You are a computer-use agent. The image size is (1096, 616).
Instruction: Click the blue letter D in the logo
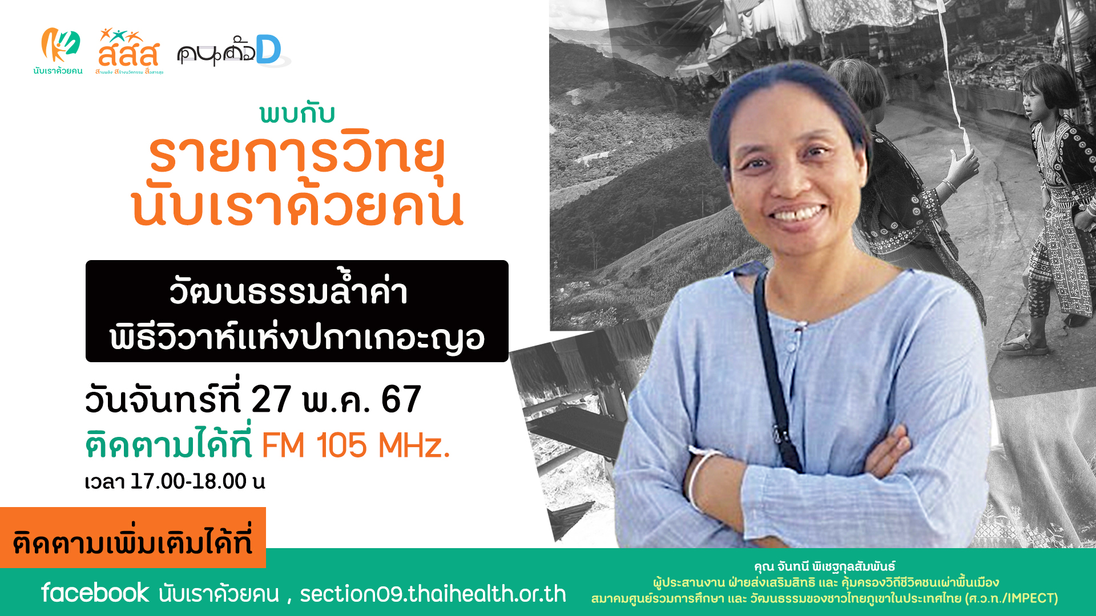click(268, 50)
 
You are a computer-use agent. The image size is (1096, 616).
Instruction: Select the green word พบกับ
click(297, 114)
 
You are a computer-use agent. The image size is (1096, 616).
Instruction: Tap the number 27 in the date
click(271, 399)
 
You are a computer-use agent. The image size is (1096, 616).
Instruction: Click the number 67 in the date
click(401, 399)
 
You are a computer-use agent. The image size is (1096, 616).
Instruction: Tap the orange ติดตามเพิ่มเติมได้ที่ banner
click(133, 537)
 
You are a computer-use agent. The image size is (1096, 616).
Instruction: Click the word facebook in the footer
click(95, 593)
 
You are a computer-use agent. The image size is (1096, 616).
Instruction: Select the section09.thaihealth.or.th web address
click(433, 594)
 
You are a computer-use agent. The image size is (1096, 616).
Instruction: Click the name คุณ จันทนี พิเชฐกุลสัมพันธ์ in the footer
click(825, 566)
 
